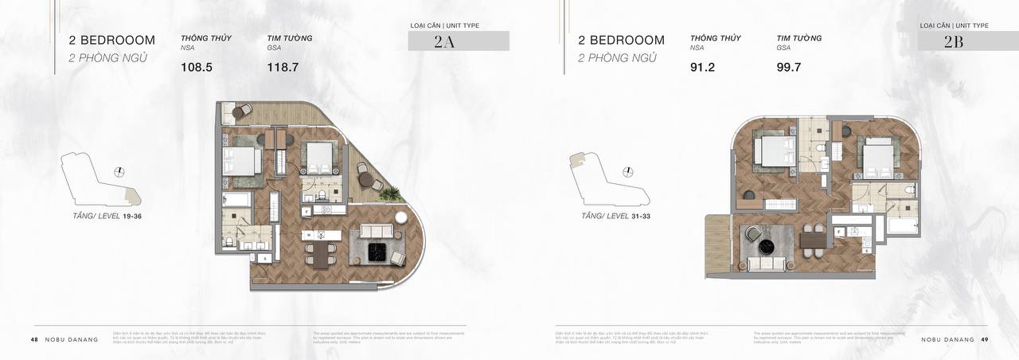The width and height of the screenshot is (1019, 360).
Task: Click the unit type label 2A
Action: (444, 43)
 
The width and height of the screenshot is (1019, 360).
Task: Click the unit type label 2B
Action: (954, 43)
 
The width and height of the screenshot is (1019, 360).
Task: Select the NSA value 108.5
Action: (197, 68)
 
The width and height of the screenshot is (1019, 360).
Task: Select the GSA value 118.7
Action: (283, 68)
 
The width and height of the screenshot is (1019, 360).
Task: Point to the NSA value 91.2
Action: (703, 68)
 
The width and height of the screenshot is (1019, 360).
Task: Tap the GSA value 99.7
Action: (789, 68)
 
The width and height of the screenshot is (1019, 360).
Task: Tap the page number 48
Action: (34, 339)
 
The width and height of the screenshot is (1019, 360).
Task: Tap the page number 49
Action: (985, 339)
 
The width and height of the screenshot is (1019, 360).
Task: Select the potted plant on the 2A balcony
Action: (389, 194)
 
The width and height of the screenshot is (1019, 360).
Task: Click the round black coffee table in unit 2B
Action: (765, 245)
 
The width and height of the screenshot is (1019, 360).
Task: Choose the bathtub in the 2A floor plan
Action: (236, 199)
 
